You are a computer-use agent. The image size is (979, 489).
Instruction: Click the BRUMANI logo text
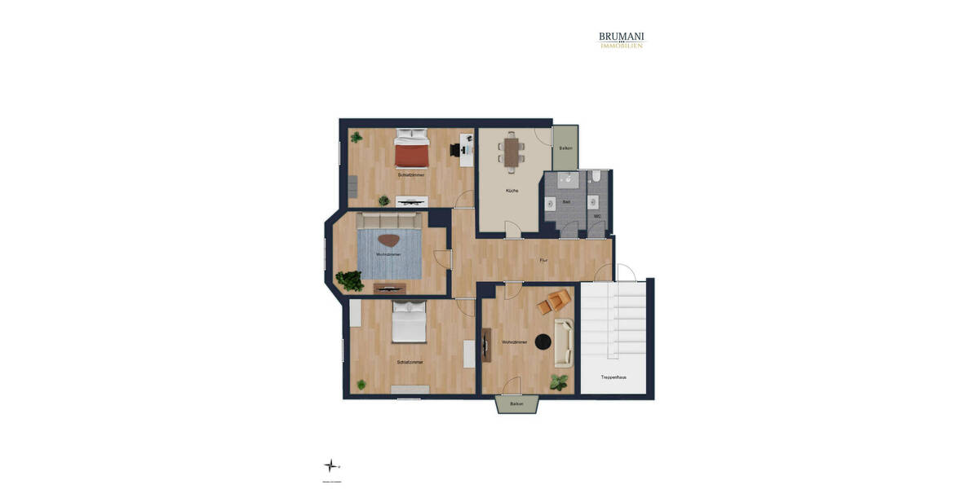click(x=622, y=37)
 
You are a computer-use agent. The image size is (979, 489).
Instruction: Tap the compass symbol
click(x=330, y=466)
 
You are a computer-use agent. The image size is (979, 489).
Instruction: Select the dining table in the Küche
click(x=512, y=152)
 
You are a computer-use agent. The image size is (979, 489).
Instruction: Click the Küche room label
click(x=512, y=191)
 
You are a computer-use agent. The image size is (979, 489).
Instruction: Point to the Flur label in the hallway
click(x=543, y=260)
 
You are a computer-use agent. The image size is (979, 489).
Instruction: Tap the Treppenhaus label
click(x=613, y=377)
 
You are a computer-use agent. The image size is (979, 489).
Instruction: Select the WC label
click(x=597, y=216)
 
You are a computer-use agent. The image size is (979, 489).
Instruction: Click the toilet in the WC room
click(x=597, y=176)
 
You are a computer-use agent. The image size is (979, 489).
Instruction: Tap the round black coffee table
click(x=543, y=342)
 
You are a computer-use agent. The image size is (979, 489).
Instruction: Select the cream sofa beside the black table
click(x=564, y=342)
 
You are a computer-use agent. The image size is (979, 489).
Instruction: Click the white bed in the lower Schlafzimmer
click(x=409, y=322)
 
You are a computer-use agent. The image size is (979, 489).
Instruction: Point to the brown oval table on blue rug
click(x=388, y=241)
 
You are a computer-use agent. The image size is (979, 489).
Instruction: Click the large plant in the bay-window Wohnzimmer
click(x=351, y=281)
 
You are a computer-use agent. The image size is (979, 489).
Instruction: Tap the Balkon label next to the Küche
click(x=565, y=148)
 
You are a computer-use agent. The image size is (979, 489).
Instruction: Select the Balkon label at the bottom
click(x=516, y=403)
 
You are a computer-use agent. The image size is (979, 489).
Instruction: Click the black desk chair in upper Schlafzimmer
click(x=455, y=150)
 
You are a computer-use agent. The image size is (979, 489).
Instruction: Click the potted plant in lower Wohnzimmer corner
click(x=559, y=381)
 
